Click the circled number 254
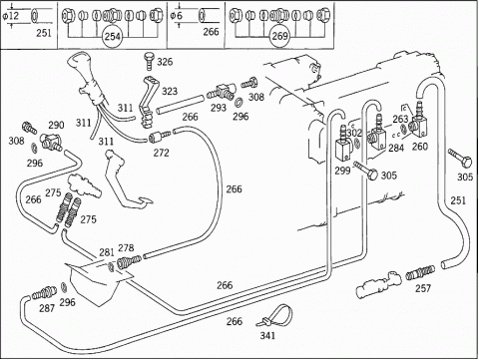click(112, 36)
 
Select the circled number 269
click(279, 36)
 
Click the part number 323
click(170, 91)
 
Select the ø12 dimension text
click(12, 16)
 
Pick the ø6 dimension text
click(177, 16)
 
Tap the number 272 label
click(161, 153)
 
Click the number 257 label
click(423, 288)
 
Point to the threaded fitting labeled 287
click(44, 293)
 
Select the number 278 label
click(126, 247)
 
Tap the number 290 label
click(56, 125)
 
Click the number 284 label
click(396, 148)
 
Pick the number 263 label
click(400, 119)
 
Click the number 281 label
click(107, 252)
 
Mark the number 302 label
click(354, 133)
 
